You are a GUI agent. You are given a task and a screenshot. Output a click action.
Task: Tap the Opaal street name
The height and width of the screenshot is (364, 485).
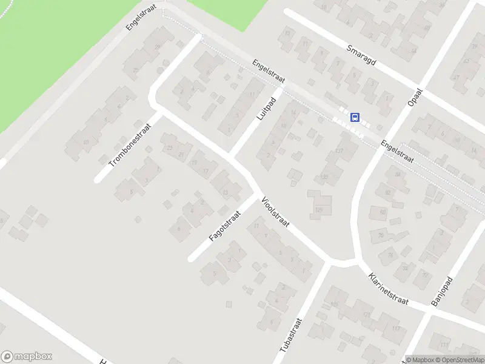point(415,98)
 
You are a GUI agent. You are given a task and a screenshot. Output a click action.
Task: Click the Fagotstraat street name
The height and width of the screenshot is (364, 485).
point(225,226)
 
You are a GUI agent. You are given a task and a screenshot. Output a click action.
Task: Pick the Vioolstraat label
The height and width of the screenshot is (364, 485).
point(275,212)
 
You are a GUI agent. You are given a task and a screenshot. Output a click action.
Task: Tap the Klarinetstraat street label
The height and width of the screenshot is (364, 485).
point(388,289)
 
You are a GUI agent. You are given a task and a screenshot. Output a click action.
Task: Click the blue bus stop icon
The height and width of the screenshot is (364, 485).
point(355,118)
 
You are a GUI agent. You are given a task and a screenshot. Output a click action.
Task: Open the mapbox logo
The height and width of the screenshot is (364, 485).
point(27,357)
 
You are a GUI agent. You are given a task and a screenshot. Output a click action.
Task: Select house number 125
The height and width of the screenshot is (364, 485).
point(319,210)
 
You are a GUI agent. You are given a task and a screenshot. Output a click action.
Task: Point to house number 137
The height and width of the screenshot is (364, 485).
point(339,151)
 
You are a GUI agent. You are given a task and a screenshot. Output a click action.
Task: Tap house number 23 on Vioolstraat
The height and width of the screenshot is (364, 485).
point(170,148)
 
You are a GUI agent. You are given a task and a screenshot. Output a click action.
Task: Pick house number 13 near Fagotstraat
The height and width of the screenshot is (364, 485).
point(226,193)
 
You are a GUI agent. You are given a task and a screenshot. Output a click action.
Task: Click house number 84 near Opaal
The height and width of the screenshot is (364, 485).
point(398,175)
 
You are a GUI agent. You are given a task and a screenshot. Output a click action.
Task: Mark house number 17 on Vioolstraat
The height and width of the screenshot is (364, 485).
point(206,171)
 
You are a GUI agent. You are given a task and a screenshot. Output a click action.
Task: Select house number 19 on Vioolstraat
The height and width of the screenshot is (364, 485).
point(194,163)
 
